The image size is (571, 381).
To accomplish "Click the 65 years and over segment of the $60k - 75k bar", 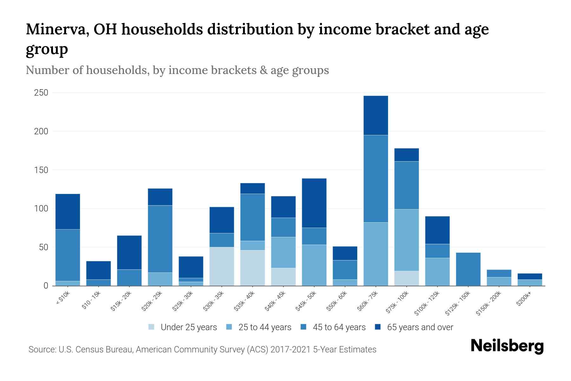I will (376, 115).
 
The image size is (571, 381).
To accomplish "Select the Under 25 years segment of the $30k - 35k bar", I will (222, 266).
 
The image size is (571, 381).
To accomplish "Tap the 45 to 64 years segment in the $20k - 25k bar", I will (160, 239).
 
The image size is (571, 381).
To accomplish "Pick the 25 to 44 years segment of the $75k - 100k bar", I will (406, 240).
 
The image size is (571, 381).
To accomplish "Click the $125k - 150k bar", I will (468, 269).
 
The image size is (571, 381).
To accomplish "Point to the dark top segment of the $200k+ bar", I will (529, 277).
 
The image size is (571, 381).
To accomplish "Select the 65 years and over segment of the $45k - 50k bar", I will (314, 203).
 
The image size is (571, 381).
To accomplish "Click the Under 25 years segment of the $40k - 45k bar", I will (283, 277).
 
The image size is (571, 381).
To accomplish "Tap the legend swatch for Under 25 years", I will (152, 327).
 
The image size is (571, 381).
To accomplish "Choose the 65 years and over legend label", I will (420, 327).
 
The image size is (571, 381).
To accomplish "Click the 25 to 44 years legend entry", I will (265, 327).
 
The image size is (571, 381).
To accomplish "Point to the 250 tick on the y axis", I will (41, 93).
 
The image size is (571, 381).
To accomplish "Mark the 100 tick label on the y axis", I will (41, 209).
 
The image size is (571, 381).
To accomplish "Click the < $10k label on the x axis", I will (62, 299).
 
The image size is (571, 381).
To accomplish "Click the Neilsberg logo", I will (507, 346).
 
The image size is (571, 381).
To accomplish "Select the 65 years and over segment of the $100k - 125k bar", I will (437, 230).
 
